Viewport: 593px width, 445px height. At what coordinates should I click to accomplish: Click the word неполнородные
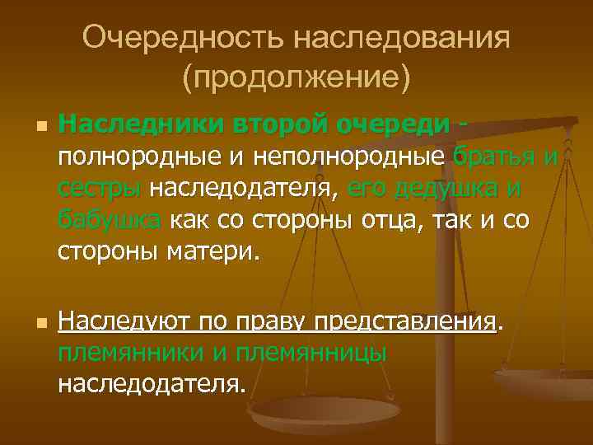(359, 157)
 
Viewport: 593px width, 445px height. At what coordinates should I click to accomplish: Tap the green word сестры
(100, 189)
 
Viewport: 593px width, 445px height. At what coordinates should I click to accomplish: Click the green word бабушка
(111, 220)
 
